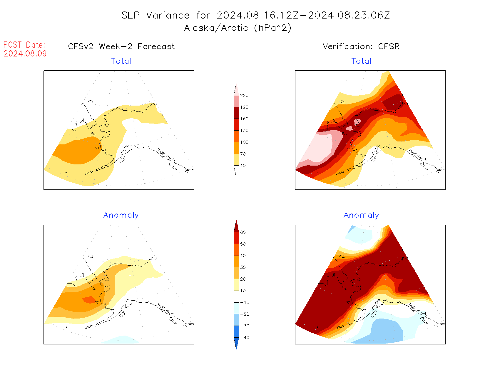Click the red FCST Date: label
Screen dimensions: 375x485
pos(24,45)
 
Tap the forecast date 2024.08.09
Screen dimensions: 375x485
pos(25,54)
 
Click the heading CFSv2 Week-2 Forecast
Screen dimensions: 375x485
pos(121,46)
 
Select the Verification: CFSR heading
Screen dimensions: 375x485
pos(361,46)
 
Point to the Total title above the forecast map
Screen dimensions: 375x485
pos(121,61)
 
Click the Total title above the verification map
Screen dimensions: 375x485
pos(361,61)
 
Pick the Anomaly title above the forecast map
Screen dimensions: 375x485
pos(121,215)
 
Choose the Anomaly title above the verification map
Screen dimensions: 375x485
pos(361,215)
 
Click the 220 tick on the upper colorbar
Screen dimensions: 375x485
pos(244,96)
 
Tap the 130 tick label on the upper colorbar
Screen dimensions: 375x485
pos(244,131)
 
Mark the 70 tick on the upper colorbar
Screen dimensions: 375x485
pos(243,154)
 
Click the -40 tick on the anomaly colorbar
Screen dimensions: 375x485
pos(244,338)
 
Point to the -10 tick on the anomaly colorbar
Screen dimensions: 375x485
pos(244,302)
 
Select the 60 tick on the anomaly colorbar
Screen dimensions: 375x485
pos(243,232)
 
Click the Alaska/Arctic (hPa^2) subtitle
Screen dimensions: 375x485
pos(238,28)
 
